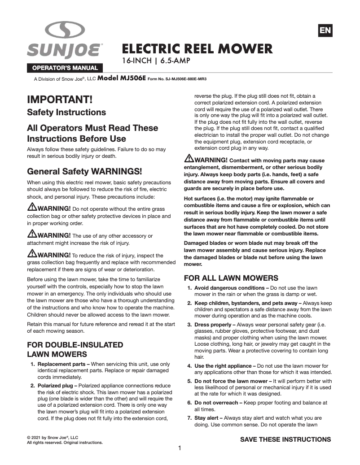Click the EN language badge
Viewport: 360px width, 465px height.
(x=325, y=30)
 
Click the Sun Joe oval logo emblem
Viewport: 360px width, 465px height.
(x=65, y=31)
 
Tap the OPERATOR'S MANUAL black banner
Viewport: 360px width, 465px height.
(x=64, y=68)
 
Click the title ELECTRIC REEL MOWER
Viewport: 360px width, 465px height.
(x=198, y=48)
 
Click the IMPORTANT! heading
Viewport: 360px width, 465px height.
(x=60, y=99)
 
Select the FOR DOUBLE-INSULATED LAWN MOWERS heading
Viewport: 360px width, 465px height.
(x=75, y=349)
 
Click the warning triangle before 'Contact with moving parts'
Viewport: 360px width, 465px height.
(x=189, y=159)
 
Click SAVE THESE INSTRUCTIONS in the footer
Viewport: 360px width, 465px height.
(x=285, y=439)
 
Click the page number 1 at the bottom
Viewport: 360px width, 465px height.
(x=180, y=448)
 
